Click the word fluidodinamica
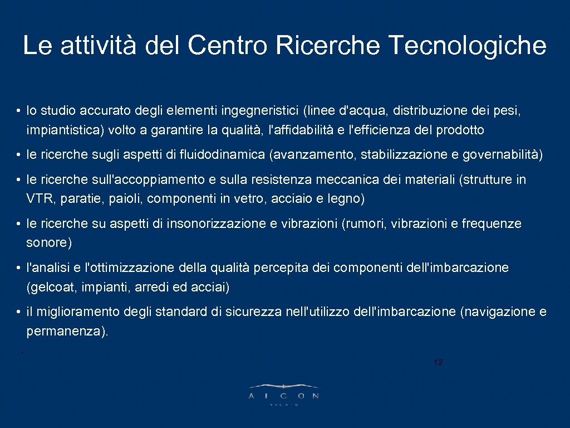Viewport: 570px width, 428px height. [x=223, y=155]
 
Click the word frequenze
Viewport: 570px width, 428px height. [x=492, y=223]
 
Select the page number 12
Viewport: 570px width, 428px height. [x=438, y=363]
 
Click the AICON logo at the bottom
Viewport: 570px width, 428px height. [x=284, y=392]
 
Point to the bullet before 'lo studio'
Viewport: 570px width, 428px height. [x=19, y=111]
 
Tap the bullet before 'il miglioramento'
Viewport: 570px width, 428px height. [x=19, y=312]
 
